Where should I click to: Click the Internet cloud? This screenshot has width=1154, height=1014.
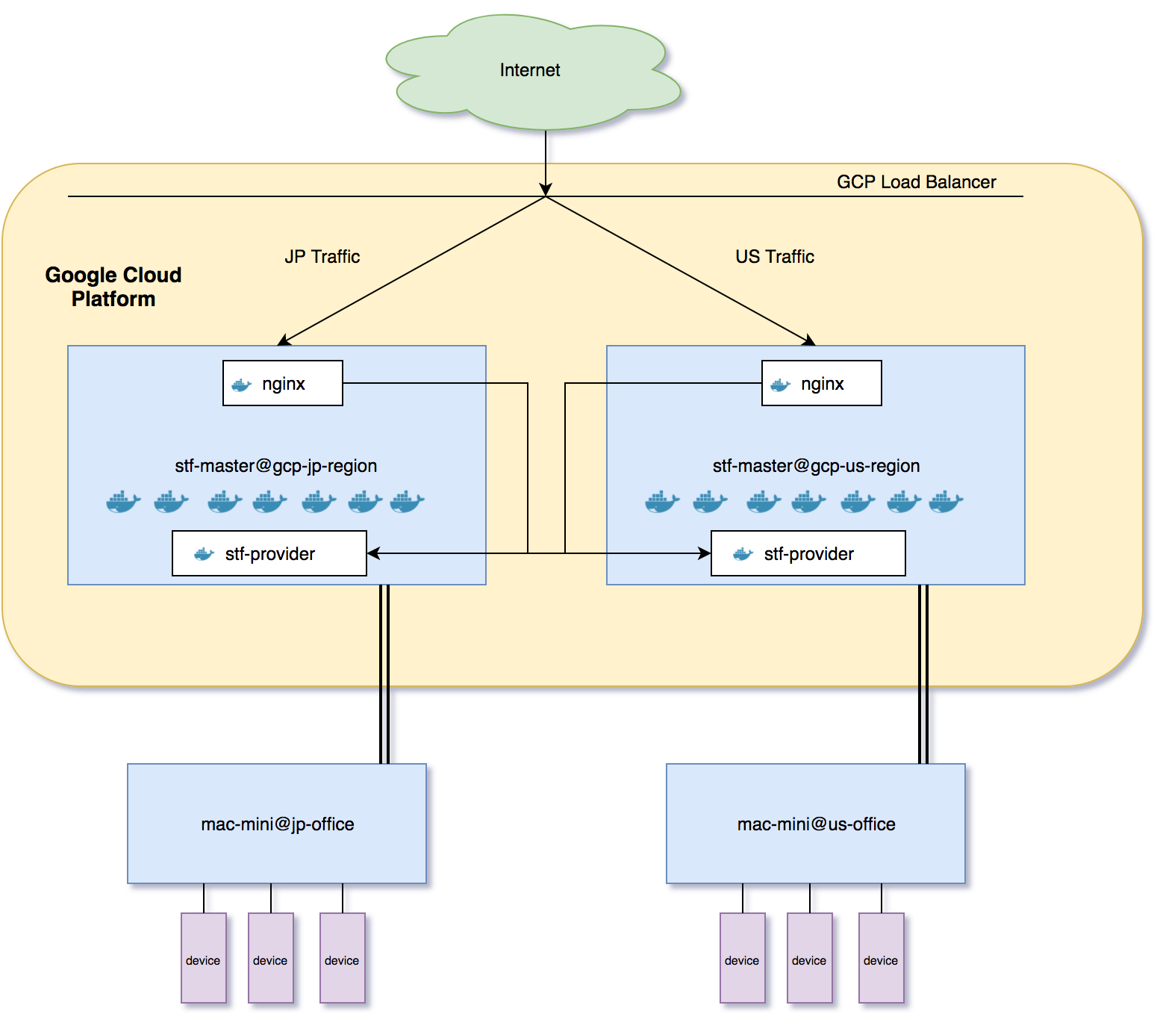tap(530, 71)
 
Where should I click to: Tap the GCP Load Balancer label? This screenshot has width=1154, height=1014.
tap(916, 182)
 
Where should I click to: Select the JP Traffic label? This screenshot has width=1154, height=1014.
tap(322, 257)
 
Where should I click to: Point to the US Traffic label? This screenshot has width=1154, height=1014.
tap(774, 257)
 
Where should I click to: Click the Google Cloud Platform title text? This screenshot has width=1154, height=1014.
tap(113, 287)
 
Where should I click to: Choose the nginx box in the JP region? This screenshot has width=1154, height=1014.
tap(283, 383)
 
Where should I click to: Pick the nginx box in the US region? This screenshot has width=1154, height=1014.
tap(822, 383)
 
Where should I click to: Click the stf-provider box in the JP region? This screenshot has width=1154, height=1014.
tap(269, 553)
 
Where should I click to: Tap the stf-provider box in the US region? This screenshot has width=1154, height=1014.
tap(808, 553)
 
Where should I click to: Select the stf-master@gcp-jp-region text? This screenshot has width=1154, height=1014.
tap(276, 466)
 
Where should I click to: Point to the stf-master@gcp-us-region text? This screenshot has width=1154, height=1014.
tap(816, 466)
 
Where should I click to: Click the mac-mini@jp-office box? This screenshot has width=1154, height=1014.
tap(277, 824)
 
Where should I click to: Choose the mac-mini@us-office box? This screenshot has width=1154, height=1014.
tap(816, 824)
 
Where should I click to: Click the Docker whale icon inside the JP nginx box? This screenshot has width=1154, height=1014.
tap(241, 385)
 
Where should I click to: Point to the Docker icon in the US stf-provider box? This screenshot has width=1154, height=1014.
tap(743, 554)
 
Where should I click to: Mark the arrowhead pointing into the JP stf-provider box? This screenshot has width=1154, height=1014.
tap(373, 553)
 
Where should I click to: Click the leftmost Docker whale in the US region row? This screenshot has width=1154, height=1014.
tap(661, 502)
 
